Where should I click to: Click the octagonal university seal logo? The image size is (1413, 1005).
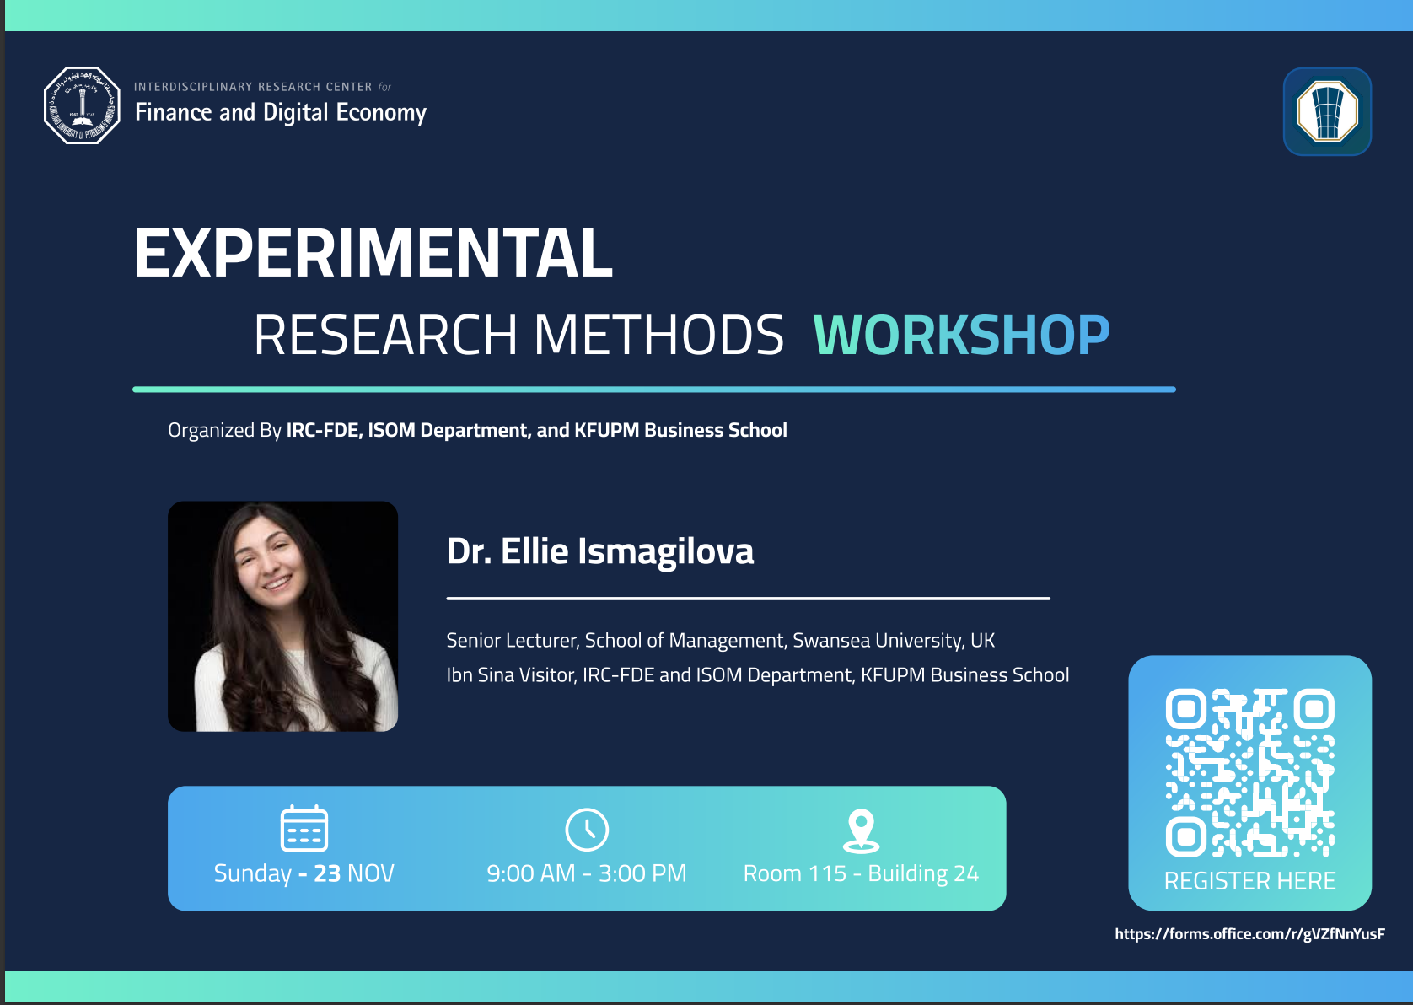tap(82, 105)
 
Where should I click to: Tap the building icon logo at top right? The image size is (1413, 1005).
tap(1327, 111)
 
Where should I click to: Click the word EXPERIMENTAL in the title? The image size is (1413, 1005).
tap(373, 252)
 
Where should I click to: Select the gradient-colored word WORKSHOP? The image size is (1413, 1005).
tap(961, 335)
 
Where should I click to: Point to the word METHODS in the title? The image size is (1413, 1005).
tap(658, 335)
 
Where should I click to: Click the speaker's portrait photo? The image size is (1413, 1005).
tap(282, 616)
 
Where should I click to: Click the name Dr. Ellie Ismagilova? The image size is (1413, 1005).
tap(600, 551)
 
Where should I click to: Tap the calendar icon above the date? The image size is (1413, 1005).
tap(304, 828)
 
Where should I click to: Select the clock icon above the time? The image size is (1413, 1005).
tap(587, 830)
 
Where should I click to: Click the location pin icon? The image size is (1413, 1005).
tap(861, 830)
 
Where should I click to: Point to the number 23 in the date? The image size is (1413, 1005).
tap(327, 873)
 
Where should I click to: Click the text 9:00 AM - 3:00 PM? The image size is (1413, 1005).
tap(587, 873)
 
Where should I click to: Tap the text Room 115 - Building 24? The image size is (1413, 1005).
tap(861, 873)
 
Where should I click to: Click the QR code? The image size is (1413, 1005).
tap(1249, 773)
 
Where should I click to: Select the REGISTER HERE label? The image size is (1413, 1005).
tap(1249, 881)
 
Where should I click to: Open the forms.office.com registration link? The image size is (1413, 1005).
tap(1249, 933)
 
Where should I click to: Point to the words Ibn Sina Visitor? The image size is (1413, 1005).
tap(511, 675)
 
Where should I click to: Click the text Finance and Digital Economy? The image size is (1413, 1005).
tap(281, 112)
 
